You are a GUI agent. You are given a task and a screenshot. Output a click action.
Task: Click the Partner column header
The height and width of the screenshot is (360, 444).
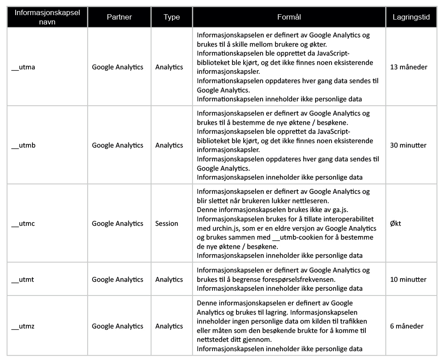(x=119, y=17)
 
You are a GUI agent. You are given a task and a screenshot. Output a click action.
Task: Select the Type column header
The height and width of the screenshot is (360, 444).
(x=172, y=17)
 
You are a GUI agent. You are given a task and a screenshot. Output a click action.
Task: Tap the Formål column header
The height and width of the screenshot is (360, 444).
(x=289, y=17)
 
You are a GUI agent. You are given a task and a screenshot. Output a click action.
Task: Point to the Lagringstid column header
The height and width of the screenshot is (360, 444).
(x=410, y=17)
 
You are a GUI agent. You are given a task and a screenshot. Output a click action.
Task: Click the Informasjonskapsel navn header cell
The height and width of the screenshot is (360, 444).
(x=47, y=17)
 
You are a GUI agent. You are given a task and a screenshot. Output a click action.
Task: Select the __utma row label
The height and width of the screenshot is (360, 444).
(x=23, y=67)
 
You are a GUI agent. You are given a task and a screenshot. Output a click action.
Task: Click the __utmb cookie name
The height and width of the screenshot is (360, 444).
(x=23, y=145)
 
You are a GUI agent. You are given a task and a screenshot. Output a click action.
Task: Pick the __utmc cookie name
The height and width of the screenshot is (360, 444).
(x=23, y=224)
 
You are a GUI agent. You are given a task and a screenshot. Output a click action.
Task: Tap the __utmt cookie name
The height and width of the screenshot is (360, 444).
(x=23, y=280)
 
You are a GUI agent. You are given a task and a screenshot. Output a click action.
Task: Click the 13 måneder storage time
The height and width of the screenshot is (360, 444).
(x=408, y=67)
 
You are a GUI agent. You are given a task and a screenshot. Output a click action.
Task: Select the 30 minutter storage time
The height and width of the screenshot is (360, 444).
(x=408, y=145)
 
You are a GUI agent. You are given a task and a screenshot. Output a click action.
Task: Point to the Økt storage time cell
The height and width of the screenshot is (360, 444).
(x=396, y=224)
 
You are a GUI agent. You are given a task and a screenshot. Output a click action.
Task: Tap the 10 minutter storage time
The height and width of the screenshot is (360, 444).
(x=408, y=280)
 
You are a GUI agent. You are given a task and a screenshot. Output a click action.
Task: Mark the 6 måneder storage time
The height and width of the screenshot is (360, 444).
(x=407, y=326)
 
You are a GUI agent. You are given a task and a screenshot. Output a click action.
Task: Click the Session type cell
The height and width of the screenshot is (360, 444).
(x=167, y=224)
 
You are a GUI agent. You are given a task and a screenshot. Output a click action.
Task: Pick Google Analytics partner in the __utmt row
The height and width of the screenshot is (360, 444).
(x=117, y=280)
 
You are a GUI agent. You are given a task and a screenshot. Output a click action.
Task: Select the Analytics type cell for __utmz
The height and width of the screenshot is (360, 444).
(x=169, y=326)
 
